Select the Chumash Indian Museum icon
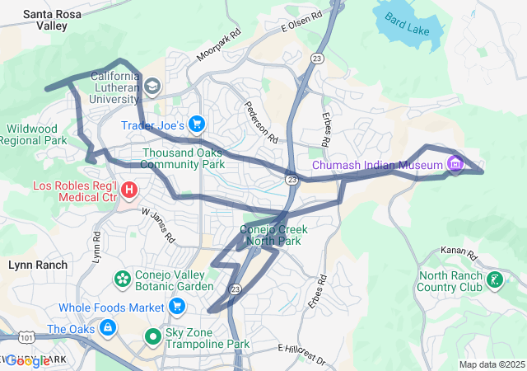click(453, 164)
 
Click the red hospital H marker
click(128, 191)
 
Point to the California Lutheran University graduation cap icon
click(152, 87)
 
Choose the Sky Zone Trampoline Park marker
click(153, 336)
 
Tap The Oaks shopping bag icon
click(107, 328)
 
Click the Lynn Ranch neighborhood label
click(38, 265)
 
